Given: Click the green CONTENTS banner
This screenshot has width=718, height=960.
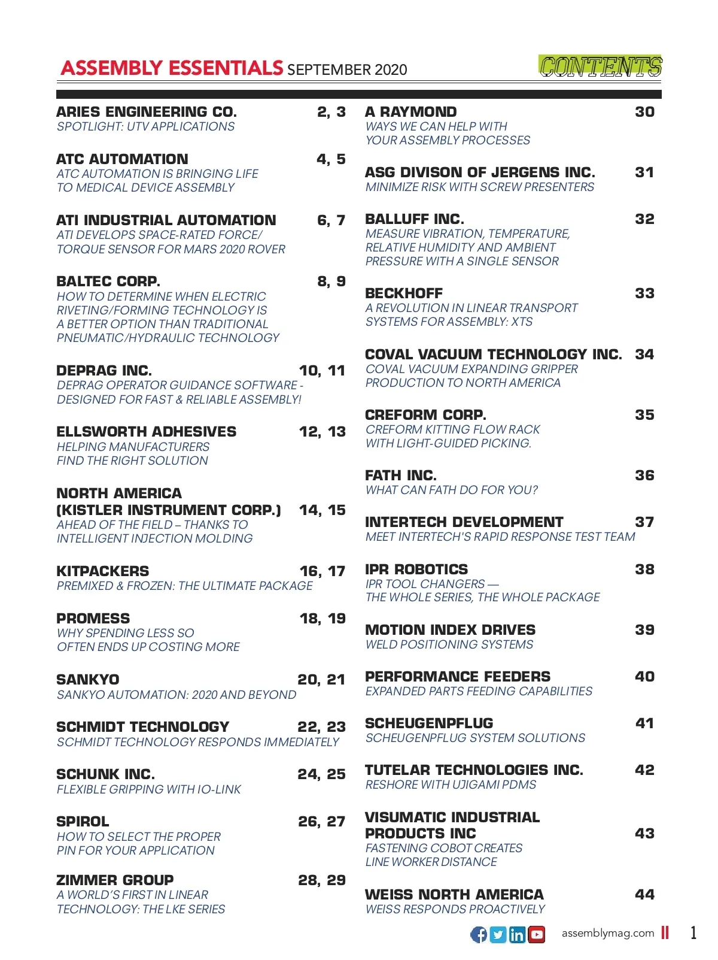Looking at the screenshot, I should pos(600,66).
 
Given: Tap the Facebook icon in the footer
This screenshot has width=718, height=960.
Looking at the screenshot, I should pos(479,934).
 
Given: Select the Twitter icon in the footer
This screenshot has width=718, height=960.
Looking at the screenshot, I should pos(498,934).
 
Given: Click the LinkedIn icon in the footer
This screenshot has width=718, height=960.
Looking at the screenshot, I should pos(517,934).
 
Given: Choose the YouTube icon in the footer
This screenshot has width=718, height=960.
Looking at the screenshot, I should pos(537,934).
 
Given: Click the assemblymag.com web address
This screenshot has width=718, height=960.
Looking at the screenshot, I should pos(607,933).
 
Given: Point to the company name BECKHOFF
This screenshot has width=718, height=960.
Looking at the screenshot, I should pos(404,293).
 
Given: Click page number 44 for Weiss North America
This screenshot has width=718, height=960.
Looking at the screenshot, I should pos(644,895).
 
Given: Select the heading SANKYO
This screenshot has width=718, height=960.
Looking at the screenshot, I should pos(88,680).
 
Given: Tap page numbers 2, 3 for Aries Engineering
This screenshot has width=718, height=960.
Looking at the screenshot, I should pos(331,112).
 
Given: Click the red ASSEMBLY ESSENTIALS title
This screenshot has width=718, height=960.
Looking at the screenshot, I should pos(172,68).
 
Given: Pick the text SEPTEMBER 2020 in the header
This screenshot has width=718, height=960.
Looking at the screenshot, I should pos(347,70).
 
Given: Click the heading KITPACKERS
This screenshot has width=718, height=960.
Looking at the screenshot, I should pos(103,571).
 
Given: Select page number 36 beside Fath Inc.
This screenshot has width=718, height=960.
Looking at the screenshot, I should pos(644,476).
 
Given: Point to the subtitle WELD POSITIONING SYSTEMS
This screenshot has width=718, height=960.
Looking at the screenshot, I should pos(449,645).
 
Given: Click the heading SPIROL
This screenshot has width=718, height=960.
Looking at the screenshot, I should pos(83,822).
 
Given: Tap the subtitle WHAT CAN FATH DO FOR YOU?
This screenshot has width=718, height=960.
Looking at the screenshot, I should pos(452,490).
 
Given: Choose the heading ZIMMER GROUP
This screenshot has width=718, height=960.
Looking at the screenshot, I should pos(115,880).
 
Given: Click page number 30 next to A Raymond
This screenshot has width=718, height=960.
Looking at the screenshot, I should pos(644,112).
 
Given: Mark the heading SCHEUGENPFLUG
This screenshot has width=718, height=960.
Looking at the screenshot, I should pos(429,723).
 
